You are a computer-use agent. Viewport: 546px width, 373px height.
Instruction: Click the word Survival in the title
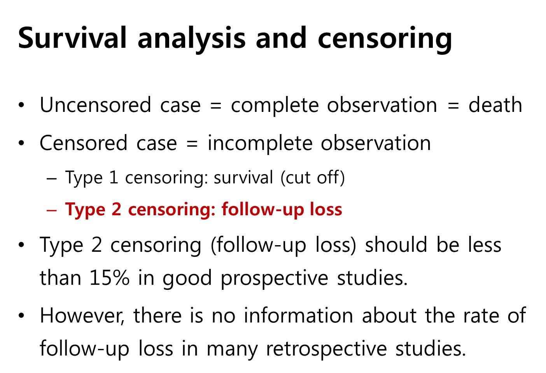click(x=72, y=38)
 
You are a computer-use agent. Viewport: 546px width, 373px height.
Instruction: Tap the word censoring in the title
click(x=385, y=40)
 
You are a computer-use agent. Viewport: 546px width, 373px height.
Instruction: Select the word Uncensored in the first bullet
click(x=96, y=105)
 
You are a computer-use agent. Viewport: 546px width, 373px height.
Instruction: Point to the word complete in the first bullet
click(x=275, y=106)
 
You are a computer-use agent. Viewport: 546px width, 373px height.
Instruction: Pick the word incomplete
click(x=260, y=144)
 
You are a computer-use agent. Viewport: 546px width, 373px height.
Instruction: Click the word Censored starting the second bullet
click(x=84, y=143)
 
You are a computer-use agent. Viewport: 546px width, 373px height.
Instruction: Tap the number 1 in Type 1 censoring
click(x=114, y=177)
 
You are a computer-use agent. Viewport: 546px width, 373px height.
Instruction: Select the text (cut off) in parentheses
click(x=313, y=178)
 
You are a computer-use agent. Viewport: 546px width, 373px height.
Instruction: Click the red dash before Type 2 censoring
click(x=52, y=210)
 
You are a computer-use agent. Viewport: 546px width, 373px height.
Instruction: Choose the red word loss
click(x=326, y=209)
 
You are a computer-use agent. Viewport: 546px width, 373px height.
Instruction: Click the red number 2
click(x=117, y=209)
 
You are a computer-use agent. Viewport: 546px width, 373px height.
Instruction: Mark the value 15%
click(x=109, y=278)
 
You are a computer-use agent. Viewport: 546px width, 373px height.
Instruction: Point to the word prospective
click(x=275, y=279)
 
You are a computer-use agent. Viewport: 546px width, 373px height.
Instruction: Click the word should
click(x=396, y=245)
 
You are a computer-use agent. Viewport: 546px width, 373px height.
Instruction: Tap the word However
click(x=82, y=316)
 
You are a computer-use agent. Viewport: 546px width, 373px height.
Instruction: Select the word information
click(x=299, y=315)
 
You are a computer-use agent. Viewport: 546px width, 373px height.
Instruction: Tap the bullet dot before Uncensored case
click(x=21, y=105)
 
